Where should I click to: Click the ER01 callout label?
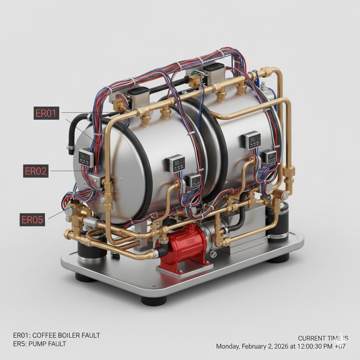46,113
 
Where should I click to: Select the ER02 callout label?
36,171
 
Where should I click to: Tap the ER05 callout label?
32,220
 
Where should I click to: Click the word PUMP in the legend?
35,344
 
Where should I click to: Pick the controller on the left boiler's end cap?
86,157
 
